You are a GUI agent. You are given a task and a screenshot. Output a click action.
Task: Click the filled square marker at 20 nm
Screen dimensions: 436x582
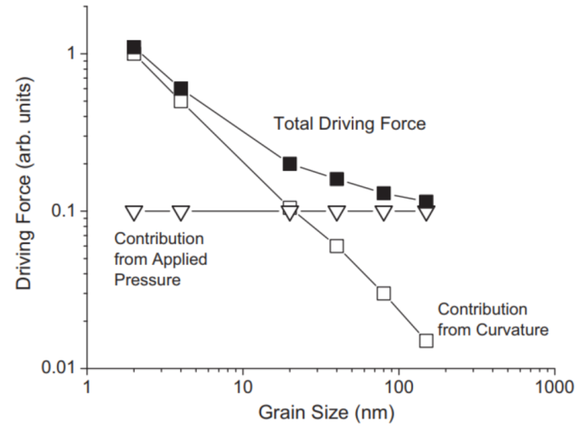pyautogui.click(x=290, y=163)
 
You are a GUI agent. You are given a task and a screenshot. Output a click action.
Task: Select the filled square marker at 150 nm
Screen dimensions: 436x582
pyautogui.click(x=426, y=201)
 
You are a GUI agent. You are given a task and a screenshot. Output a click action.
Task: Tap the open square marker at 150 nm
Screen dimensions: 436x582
pyautogui.click(x=426, y=340)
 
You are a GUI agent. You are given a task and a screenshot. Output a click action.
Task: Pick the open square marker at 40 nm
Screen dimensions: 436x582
pyautogui.click(x=337, y=246)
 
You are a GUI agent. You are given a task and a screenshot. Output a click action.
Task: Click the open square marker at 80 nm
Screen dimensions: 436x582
pyautogui.click(x=384, y=293)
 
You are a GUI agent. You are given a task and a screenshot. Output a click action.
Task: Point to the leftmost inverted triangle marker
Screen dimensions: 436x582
pyautogui.click(x=134, y=212)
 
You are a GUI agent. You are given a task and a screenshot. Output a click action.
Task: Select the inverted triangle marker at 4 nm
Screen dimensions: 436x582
pyautogui.click(x=181, y=212)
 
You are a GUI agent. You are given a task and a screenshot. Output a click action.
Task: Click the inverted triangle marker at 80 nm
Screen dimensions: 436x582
pyautogui.click(x=384, y=212)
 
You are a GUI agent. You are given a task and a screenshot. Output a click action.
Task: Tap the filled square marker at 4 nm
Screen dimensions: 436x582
pyautogui.click(x=181, y=88)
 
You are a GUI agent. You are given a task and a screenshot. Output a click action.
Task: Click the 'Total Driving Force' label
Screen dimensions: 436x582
pyautogui.click(x=351, y=124)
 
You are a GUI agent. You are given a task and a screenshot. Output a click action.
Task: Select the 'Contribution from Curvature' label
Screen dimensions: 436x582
pyautogui.click(x=493, y=319)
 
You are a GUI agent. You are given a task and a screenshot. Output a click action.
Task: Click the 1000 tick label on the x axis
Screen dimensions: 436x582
pyautogui.click(x=553, y=387)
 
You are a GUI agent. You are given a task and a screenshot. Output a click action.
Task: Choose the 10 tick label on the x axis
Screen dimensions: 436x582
pyautogui.click(x=243, y=387)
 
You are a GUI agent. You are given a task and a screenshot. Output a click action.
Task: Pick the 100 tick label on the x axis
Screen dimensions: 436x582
pyautogui.click(x=398, y=387)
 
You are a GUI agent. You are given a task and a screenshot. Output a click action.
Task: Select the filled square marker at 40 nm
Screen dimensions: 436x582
pyautogui.click(x=337, y=179)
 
